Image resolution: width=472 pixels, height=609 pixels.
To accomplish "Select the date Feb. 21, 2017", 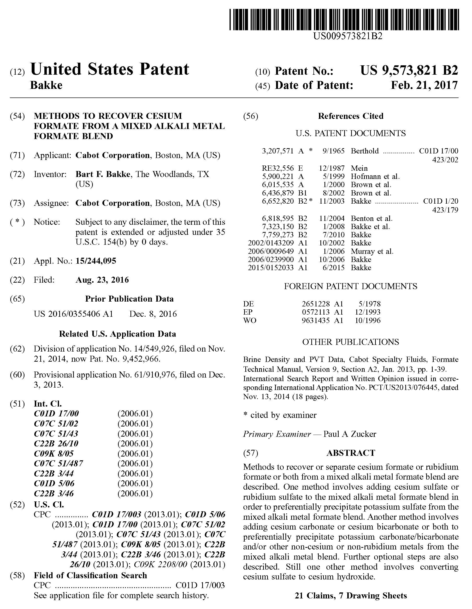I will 424,85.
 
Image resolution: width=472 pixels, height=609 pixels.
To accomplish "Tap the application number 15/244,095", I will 96,261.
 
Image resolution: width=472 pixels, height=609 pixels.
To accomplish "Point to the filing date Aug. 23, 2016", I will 102,280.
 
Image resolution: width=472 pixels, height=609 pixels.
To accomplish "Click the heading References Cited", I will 350,116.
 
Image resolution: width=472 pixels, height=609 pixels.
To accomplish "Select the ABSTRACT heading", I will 350,453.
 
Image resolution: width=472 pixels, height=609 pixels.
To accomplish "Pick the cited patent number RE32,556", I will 278,168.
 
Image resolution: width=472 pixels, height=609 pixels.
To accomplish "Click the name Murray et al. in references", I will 372,251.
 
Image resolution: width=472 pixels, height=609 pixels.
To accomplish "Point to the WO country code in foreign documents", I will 249,320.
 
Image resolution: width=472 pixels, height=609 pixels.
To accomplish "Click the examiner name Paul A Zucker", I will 349,434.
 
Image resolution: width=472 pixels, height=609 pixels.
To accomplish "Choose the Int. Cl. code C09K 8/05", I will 54,454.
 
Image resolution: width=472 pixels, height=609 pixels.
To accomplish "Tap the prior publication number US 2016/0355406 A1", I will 73,314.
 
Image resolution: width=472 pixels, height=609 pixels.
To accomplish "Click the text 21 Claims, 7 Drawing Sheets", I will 350,596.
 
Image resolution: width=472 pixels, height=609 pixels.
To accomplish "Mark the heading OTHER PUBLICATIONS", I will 350,342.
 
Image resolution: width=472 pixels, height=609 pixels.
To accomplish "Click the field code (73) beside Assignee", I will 17,203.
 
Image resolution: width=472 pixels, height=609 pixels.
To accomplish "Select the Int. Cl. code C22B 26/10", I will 56,444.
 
